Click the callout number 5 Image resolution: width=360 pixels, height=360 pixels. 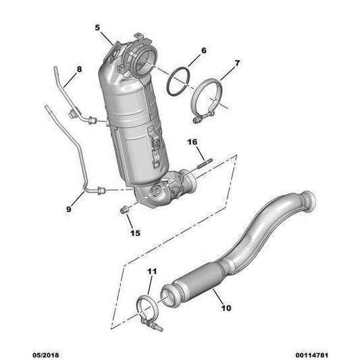point(97,28)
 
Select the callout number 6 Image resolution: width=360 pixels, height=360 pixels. point(204,50)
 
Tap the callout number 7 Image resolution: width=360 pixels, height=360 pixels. point(236,64)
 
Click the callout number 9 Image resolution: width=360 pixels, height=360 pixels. point(68,210)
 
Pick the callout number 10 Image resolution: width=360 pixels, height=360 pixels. point(226,308)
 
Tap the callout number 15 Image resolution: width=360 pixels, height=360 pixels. point(135,233)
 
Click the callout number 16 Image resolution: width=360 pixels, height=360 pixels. point(191,142)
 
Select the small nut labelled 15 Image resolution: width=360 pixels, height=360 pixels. point(124,211)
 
